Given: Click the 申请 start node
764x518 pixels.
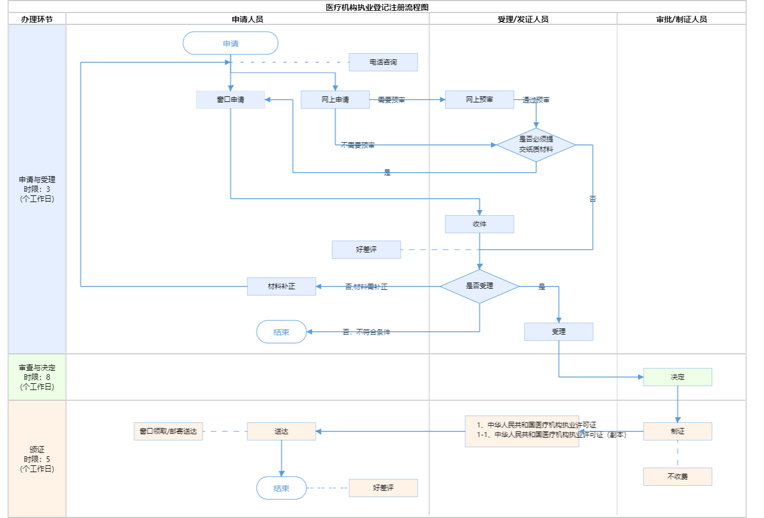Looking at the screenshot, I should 230,44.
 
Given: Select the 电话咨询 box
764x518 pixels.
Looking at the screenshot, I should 383,62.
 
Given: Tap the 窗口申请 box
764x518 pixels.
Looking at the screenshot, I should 230,100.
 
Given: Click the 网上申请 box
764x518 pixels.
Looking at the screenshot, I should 335,100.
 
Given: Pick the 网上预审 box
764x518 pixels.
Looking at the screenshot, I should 479,100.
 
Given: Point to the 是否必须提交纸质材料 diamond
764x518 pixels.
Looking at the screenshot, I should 536,145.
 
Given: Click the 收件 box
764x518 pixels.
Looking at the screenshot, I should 479,224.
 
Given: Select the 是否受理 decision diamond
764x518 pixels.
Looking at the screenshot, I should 479,286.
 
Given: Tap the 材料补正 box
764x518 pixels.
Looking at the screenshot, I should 281,286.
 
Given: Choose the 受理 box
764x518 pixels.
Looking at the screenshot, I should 559,332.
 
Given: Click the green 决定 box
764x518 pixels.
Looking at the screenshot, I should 677,377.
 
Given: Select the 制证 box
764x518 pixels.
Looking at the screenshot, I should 677,431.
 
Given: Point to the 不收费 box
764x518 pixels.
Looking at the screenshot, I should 677,477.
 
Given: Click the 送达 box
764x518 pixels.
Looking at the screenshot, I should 281,431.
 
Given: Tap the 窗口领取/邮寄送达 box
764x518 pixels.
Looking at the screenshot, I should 168,431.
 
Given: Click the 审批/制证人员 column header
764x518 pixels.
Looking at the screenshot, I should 681,19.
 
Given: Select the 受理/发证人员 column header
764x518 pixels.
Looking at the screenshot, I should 523,19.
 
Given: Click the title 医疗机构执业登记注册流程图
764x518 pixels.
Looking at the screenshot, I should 377,7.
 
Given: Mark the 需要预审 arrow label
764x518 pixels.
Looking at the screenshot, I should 391,100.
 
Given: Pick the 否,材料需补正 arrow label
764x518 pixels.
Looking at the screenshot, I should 366,287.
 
